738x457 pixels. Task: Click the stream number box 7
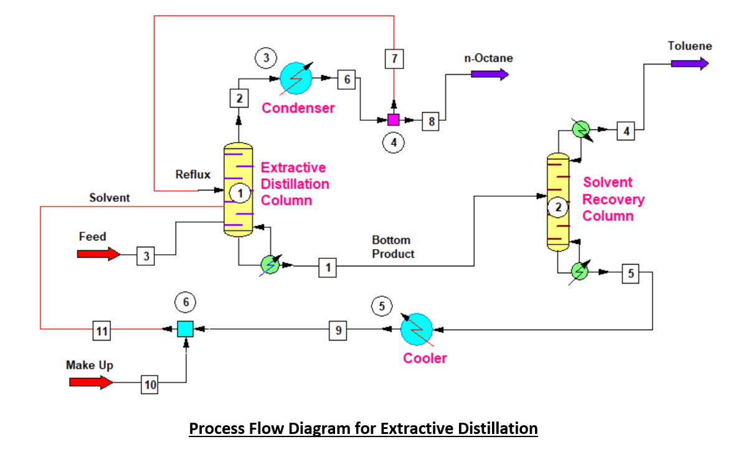pyautogui.click(x=394, y=59)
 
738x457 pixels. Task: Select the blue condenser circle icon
pyautogui.click(x=296, y=78)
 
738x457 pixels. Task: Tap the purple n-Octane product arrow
pyautogui.click(x=490, y=74)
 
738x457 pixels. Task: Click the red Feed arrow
pyautogui.click(x=98, y=254)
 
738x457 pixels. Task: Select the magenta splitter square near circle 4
pyautogui.click(x=393, y=120)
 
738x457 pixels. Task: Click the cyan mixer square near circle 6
pyautogui.click(x=185, y=328)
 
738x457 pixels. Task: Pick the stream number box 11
pyautogui.click(x=102, y=332)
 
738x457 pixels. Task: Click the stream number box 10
pyautogui.click(x=150, y=385)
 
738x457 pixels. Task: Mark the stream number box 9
pyautogui.click(x=338, y=331)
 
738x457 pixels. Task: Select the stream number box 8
pyautogui.click(x=430, y=121)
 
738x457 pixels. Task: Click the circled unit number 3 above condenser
pyautogui.click(x=266, y=58)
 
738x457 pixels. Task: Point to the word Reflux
pyautogui.click(x=192, y=174)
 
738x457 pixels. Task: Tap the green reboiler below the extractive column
pyautogui.click(x=269, y=264)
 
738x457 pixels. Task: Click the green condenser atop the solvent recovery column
pyautogui.click(x=581, y=129)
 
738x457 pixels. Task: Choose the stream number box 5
pyautogui.click(x=630, y=273)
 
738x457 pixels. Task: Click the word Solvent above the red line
pyautogui.click(x=110, y=197)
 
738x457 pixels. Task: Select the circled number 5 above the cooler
pyautogui.click(x=382, y=306)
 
